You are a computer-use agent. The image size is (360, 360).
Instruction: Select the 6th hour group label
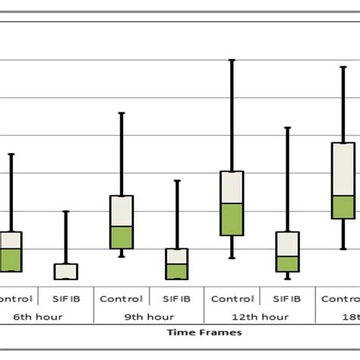(37, 316)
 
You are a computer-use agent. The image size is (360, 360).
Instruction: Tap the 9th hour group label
(149, 316)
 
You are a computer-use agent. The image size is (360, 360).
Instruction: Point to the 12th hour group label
(261, 316)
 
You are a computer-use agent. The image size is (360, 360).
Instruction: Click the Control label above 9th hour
(121, 298)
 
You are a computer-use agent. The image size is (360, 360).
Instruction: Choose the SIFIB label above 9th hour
(177, 298)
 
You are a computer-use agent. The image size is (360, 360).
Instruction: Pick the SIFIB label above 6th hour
(65, 298)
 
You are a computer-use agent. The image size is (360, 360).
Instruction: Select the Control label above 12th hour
(232, 298)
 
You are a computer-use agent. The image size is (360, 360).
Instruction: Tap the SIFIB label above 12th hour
(287, 298)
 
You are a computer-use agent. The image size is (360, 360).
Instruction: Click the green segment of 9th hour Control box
(122, 237)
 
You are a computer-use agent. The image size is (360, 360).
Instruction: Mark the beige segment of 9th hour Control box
(122, 210)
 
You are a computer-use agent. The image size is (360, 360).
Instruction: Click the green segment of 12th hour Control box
(232, 219)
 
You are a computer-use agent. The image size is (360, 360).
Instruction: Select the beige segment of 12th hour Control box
(232, 187)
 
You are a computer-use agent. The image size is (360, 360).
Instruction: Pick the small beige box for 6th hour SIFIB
(65, 271)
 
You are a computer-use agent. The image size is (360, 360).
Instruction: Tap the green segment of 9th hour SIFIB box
(177, 271)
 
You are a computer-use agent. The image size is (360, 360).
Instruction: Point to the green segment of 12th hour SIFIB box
(287, 264)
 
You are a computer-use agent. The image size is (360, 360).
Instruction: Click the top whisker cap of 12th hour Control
(232, 60)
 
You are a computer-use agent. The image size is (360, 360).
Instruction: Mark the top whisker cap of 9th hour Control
(122, 113)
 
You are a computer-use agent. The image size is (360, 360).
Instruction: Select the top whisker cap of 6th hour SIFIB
(65, 211)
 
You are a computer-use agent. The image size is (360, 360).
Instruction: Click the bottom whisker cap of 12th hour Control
(232, 258)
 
